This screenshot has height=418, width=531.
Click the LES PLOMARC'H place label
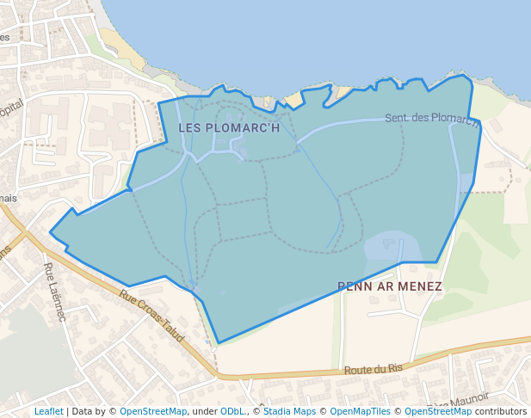[x=229, y=127]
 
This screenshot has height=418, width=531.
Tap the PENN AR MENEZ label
[x=390, y=286]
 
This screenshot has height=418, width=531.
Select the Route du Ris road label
[x=374, y=369]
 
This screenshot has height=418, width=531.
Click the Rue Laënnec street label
[x=55, y=292]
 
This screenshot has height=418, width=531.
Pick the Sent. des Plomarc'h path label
[x=432, y=119]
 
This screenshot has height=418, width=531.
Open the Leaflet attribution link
[x=49, y=411]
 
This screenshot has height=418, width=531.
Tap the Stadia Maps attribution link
[x=289, y=411]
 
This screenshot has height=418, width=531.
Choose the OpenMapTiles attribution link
[x=361, y=411]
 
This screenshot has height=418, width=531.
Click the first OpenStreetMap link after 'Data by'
[x=153, y=411]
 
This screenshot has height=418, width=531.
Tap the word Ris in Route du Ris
[x=395, y=367]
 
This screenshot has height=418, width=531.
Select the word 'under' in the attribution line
[x=204, y=411]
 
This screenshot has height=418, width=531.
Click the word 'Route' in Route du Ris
[x=357, y=370]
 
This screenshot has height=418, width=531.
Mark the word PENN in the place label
[x=354, y=286]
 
